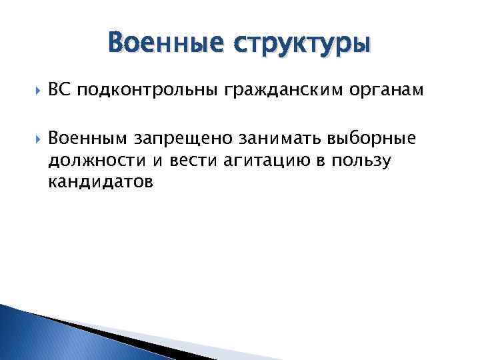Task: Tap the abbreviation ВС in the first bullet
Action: [x=58, y=90]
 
